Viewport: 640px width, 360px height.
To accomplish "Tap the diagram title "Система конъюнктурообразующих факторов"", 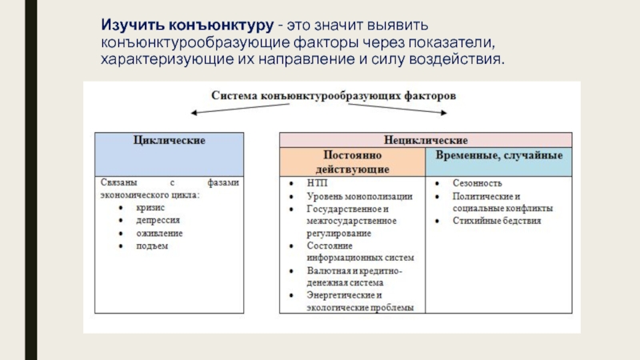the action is click(x=334, y=95).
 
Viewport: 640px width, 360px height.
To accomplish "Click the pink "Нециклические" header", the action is click(x=426, y=140).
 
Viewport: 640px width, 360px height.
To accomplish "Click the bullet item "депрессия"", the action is click(x=158, y=220).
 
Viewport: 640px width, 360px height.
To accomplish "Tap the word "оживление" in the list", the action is click(x=160, y=233).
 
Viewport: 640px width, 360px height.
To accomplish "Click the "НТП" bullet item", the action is click(x=317, y=183).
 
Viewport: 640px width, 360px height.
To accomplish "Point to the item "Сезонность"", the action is click(x=477, y=183).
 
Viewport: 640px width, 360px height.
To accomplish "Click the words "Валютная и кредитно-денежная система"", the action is click(x=354, y=277).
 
